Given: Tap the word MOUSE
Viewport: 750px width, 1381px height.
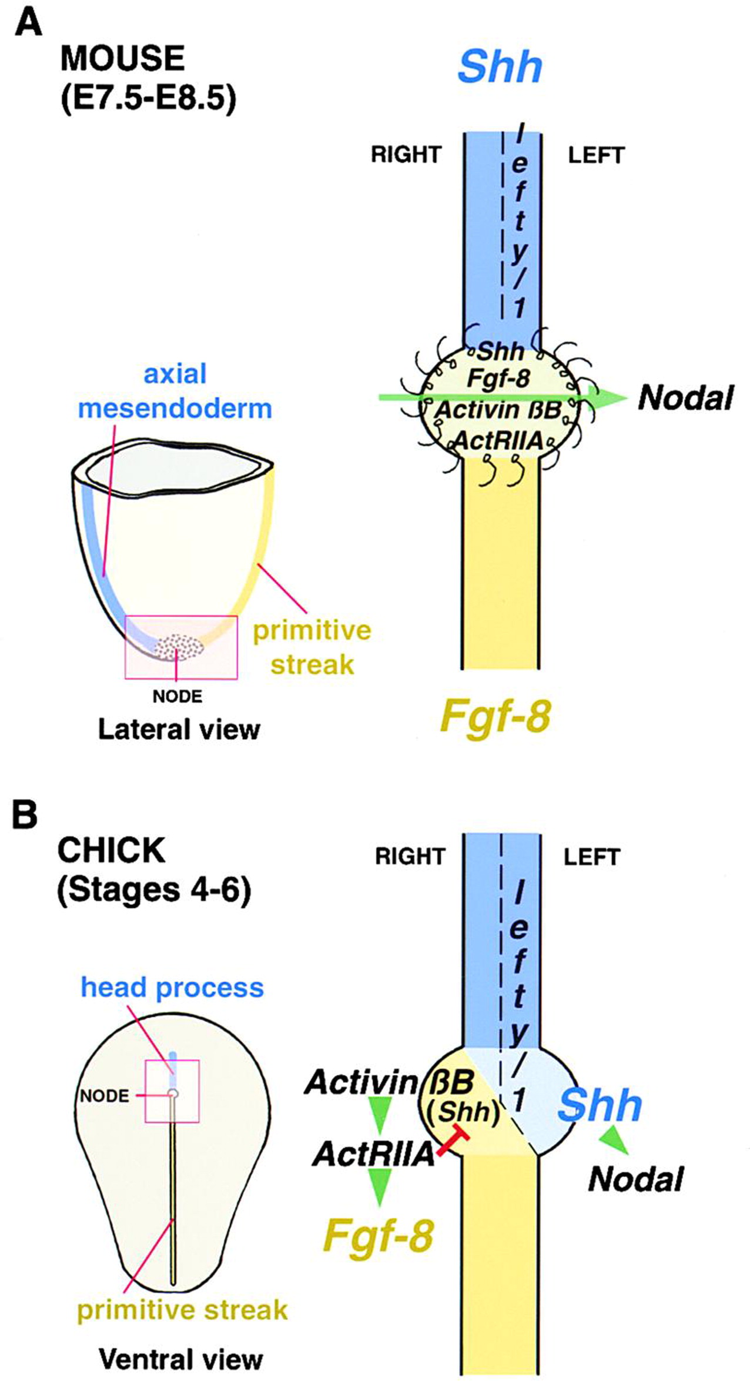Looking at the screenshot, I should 122,59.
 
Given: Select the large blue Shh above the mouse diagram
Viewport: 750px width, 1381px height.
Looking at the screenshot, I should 500,68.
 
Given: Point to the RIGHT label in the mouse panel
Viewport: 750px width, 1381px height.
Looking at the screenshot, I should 406,155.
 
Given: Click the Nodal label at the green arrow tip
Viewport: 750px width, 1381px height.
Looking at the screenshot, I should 685,398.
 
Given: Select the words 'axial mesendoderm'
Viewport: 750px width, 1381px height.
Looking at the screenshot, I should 175,391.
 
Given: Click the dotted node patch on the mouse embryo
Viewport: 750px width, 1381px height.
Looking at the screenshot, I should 180,647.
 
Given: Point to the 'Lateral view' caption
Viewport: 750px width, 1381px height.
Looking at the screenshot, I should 179,730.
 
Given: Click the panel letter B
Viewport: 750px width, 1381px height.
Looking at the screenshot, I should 25,816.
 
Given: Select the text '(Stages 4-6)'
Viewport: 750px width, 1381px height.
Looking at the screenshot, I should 154,890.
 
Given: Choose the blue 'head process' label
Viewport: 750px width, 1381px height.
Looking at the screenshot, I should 172,987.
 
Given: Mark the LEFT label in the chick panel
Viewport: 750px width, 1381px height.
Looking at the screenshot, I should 591,857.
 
